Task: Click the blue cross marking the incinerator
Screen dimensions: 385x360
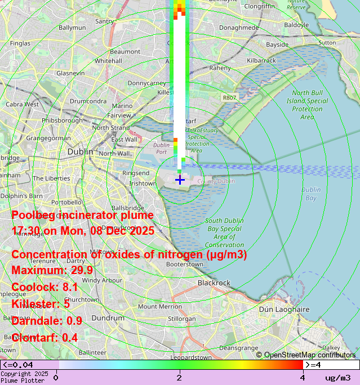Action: [x=180, y=180]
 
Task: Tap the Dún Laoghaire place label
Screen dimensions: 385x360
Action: [x=284, y=309]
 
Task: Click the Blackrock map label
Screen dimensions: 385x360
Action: [x=214, y=283]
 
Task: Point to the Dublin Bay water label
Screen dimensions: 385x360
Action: [x=310, y=194]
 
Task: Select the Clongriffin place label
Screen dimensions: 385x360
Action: [x=260, y=6]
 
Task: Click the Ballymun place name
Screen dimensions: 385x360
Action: [x=72, y=27]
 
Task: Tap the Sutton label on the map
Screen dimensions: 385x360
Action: [x=327, y=42]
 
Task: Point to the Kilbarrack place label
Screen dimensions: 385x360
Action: [x=261, y=60]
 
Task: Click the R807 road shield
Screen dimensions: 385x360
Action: [x=229, y=97]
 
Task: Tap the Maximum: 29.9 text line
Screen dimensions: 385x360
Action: [x=52, y=270]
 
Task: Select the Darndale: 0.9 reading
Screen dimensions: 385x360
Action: [x=47, y=321]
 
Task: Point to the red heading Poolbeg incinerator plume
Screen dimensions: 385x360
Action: [x=82, y=215]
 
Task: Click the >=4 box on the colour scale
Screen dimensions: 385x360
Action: [x=331, y=365]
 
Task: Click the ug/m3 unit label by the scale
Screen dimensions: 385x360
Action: [x=338, y=378]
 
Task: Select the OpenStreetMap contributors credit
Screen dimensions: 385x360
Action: [x=306, y=355]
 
